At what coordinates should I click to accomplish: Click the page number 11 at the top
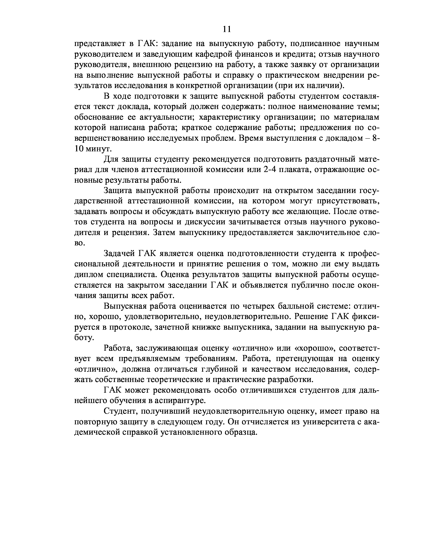pos(227,29)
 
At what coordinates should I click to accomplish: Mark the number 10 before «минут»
pos(79,149)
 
